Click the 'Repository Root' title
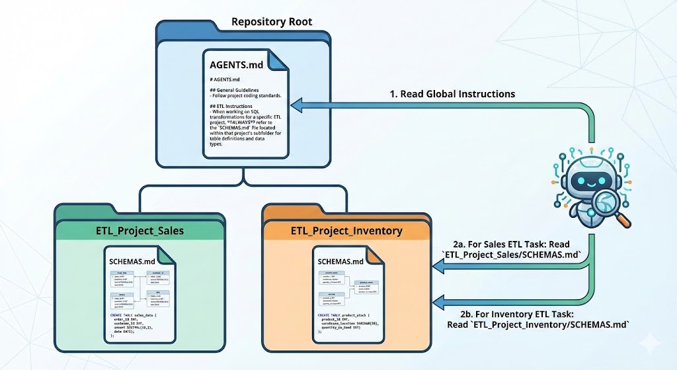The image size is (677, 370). click(272, 22)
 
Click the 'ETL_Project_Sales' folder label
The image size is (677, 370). click(140, 231)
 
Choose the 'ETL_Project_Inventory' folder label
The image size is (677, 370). click(347, 231)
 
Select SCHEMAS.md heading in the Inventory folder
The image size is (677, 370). click(342, 261)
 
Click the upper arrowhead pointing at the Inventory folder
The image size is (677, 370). click(438, 266)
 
